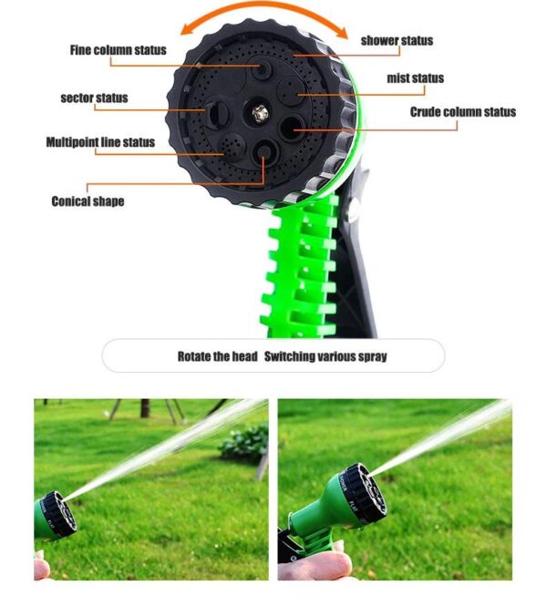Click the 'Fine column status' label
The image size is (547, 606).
[119, 49]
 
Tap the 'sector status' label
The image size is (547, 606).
[94, 98]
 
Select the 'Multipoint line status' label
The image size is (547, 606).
[100, 142]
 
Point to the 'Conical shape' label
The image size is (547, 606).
[88, 200]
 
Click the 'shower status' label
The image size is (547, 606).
[397, 40]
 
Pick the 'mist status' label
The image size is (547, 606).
[415, 77]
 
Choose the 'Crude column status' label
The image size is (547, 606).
[462, 112]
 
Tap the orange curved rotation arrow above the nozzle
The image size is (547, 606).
[274, 11]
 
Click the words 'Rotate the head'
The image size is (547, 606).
[217, 356]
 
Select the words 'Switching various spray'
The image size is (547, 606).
[325, 356]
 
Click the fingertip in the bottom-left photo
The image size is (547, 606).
[41, 569]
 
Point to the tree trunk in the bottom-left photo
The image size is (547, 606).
[145, 407]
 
